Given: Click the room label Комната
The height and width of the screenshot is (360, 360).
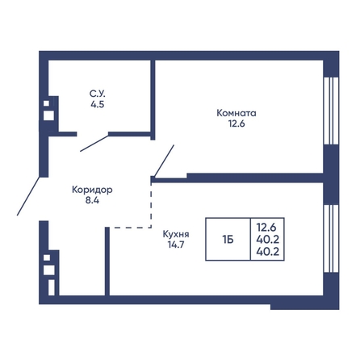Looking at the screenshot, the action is pyautogui.click(x=237, y=113).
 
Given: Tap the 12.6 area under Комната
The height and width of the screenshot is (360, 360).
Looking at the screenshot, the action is pyautogui.click(x=237, y=123).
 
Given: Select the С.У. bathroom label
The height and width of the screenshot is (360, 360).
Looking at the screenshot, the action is pyautogui.click(x=98, y=94).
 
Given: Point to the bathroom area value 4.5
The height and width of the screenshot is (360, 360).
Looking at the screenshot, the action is pyautogui.click(x=98, y=104).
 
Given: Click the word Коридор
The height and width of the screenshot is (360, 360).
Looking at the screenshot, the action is pyautogui.click(x=92, y=190).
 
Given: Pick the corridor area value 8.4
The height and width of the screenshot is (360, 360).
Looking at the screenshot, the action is pyautogui.click(x=92, y=200).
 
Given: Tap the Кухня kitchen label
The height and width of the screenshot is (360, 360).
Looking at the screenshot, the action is pyautogui.click(x=176, y=234).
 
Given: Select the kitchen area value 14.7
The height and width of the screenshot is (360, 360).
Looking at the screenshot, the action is pyautogui.click(x=176, y=245).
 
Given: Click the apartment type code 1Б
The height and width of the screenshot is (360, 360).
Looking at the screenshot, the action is pyautogui.click(x=228, y=239).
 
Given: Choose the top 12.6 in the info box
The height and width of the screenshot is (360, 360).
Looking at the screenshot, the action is pyautogui.click(x=266, y=228).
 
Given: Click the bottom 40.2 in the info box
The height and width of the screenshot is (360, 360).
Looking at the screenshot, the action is pyautogui.click(x=268, y=252).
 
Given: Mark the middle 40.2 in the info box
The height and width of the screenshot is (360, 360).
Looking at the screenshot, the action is pyautogui.click(x=268, y=239).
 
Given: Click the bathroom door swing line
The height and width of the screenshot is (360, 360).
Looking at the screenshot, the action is pyautogui.click(x=94, y=144).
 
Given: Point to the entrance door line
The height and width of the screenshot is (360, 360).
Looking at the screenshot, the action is pyautogui.click(x=28, y=196).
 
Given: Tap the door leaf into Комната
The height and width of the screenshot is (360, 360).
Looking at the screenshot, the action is pyautogui.click(x=164, y=161).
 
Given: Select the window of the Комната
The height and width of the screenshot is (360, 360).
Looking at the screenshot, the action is pyautogui.click(x=331, y=111).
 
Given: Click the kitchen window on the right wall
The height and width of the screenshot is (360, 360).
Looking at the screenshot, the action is pyautogui.click(x=331, y=239).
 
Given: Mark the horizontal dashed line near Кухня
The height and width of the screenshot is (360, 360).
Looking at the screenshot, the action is pyautogui.click(x=132, y=228).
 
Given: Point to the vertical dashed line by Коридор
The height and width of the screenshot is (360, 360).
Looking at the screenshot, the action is pyautogui.click(x=151, y=206).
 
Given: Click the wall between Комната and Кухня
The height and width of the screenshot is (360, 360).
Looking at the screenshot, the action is pyautogui.click(x=255, y=178).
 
